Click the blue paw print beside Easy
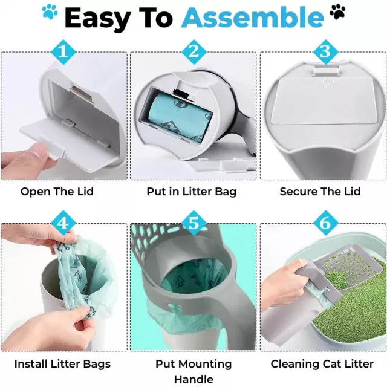(50, 11)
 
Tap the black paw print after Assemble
(337, 11)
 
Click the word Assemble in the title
(252, 18)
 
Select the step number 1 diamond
(63, 52)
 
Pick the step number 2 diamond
(193, 52)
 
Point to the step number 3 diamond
(325, 52)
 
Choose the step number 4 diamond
(63, 223)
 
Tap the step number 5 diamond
(193, 223)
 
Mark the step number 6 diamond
(325, 223)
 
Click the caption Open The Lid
(57, 192)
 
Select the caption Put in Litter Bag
(192, 192)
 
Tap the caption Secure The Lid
(320, 192)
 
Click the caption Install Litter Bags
(62, 364)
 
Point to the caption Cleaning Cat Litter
(322, 364)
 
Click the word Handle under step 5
(193, 379)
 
